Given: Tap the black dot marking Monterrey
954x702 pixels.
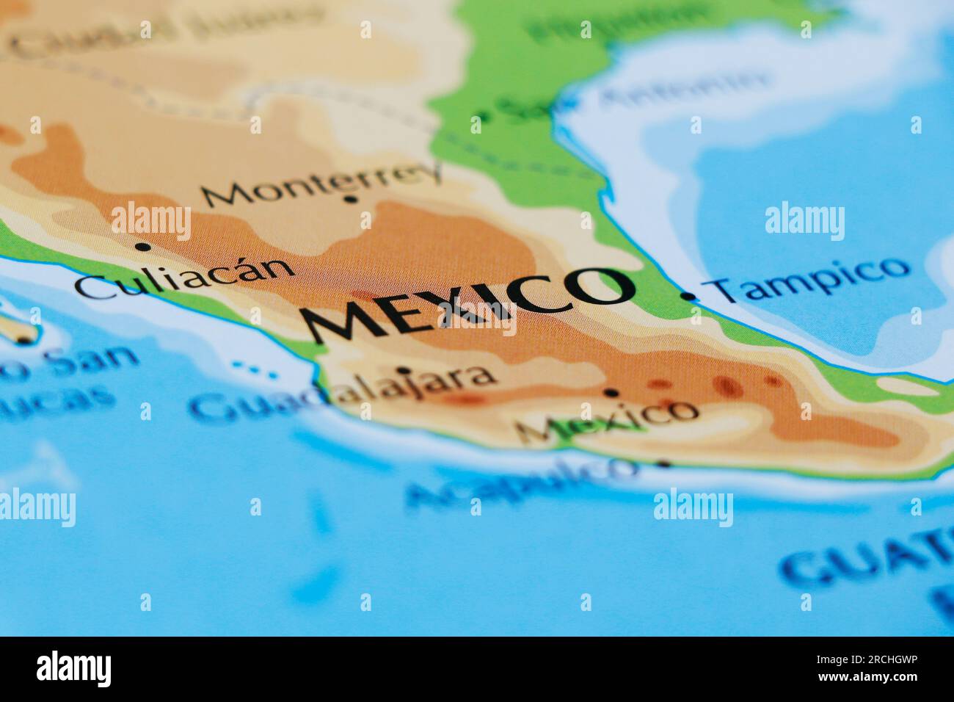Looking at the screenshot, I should pos(351,199).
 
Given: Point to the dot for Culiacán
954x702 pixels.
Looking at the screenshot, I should pos(139,247).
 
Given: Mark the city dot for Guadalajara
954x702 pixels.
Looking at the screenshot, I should pos(404,369).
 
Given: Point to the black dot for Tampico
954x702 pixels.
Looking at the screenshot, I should pos(688,296).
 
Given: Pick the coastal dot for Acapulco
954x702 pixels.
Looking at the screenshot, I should pos(666,463).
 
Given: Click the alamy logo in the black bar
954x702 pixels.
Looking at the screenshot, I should pos(74,668).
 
